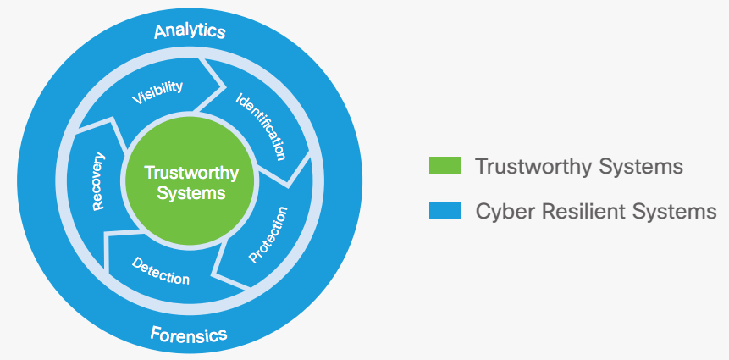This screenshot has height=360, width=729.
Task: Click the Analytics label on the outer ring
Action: [x=190, y=32]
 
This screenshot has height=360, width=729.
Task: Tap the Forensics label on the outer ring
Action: [x=189, y=334]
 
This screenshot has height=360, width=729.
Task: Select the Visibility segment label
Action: [x=157, y=92]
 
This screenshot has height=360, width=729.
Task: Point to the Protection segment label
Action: [x=268, y=235]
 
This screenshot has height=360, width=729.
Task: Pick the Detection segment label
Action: [x=161, y=270]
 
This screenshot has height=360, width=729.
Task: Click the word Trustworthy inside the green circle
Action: [x=191, y=173]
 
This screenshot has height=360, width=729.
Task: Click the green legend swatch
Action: [x=445, y=165]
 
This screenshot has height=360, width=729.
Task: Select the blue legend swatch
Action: [x=445, y=211]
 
